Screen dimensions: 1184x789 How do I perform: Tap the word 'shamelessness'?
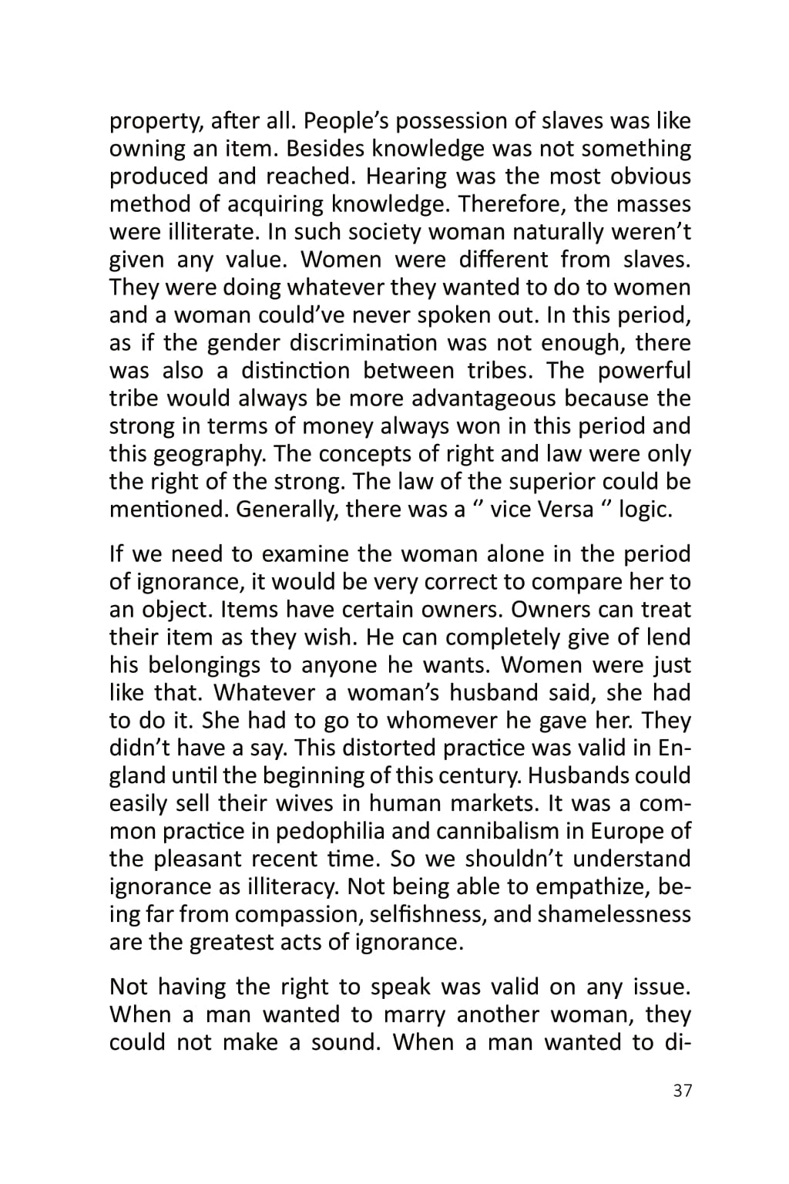coord(614,915)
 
